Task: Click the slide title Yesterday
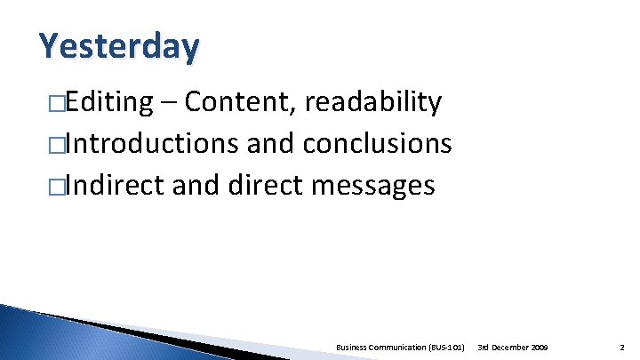[119, 46]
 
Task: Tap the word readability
[372, 103]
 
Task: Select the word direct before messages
[260, 185]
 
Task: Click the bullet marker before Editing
[55, 104]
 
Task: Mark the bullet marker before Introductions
[55, 145]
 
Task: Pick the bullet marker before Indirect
[55, 186]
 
